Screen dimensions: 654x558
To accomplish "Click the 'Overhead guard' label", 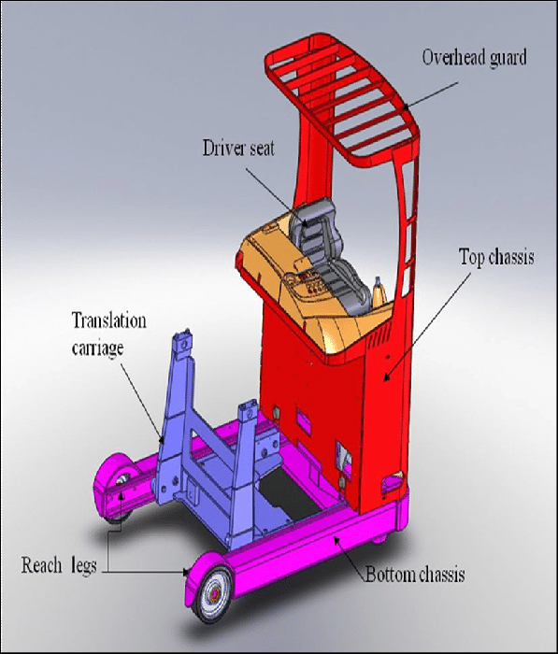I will pos(473,58).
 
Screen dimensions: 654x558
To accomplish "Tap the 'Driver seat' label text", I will pos(238,149).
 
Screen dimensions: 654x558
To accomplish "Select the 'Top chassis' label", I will pos(496,256).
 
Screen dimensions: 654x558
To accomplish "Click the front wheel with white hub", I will pos(212,590).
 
